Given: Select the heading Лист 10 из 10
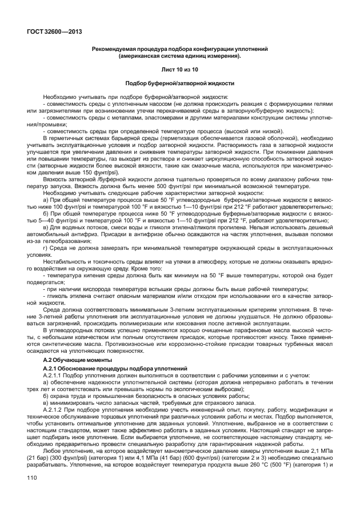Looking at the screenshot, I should click(x=179, y=69).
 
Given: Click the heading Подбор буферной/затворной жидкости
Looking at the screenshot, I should click(x=179, y=83).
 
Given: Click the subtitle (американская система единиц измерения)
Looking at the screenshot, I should click(x=179, y=56).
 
